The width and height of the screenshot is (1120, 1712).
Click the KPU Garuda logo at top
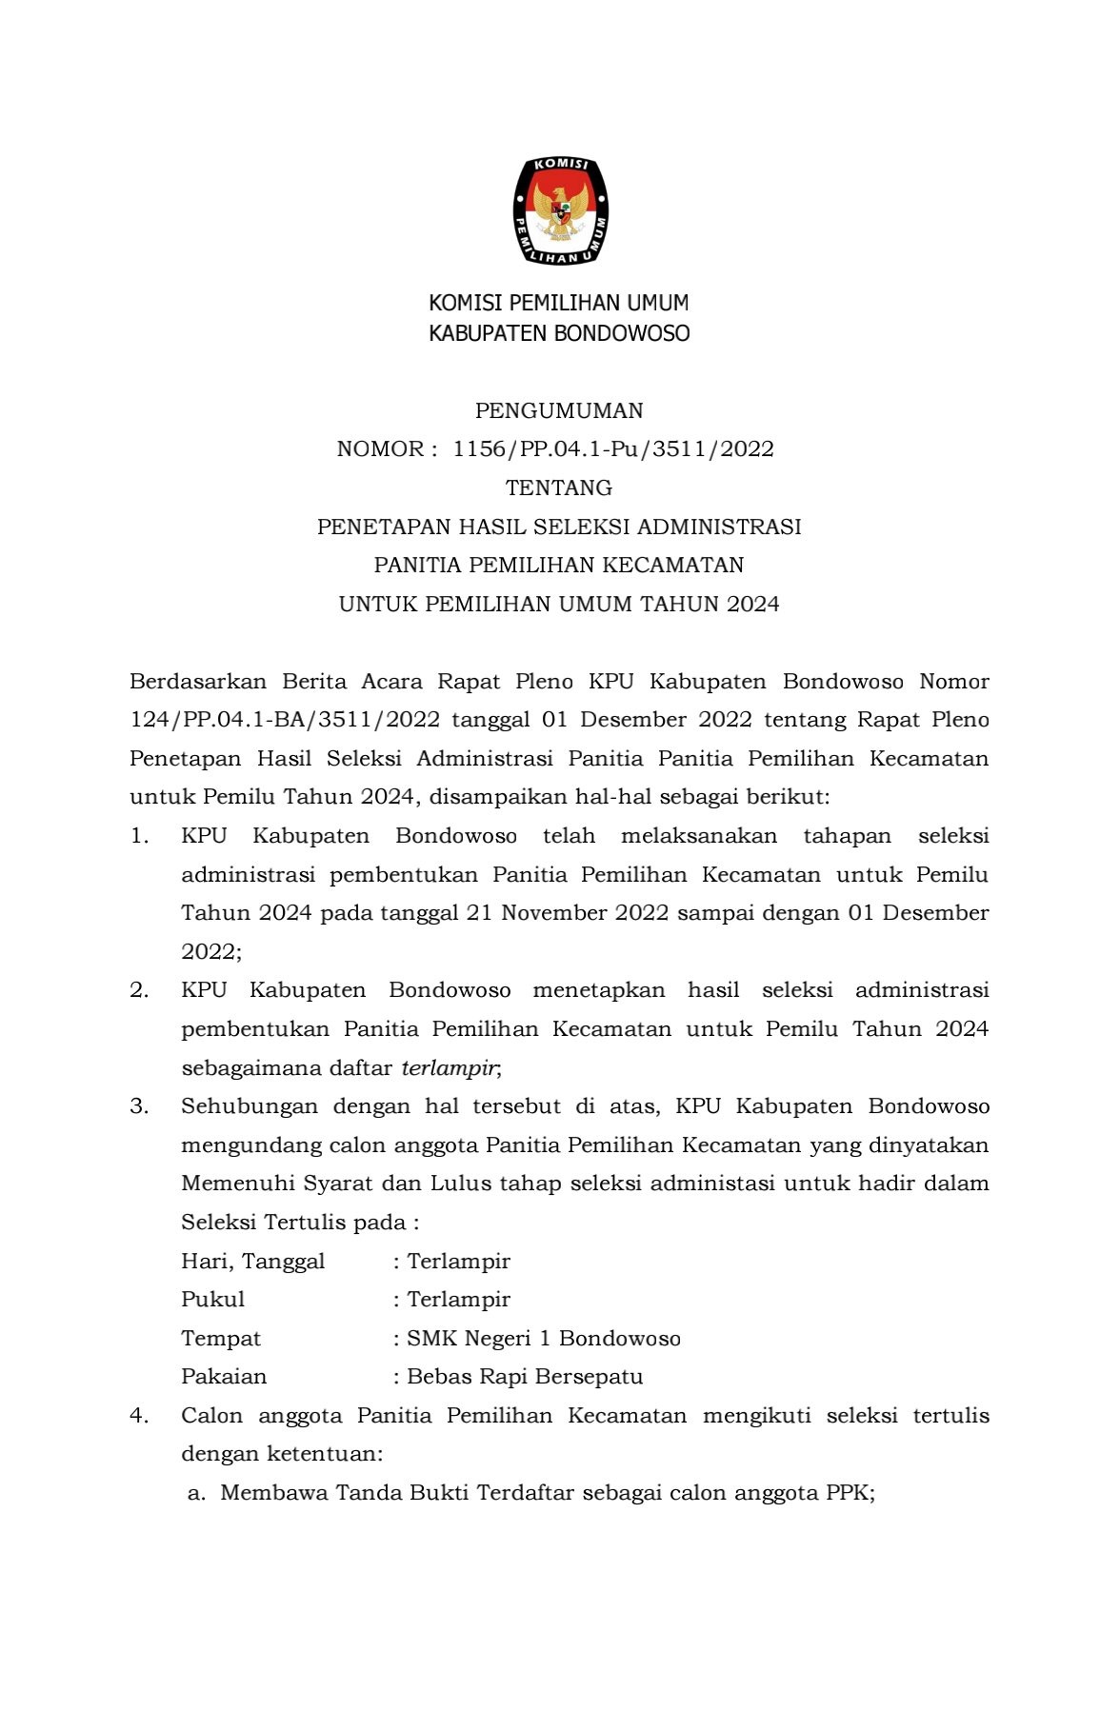click(x=560, y=210)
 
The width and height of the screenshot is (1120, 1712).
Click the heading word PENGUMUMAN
click(x=559, y=410)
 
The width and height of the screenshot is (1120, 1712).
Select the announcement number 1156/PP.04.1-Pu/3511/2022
click(x=612, y=449)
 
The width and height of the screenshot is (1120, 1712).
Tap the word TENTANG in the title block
click(x=559, y=488)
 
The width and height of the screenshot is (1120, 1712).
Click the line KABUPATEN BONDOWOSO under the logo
click(x=559, y=333)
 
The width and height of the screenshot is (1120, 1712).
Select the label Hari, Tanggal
click(x=253, y=1262)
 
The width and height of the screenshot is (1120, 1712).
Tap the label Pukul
click(x=213, y=1300)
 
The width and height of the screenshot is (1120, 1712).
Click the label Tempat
click(x=221, y=1339)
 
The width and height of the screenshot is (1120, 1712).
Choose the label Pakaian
click(x=225, y=1377)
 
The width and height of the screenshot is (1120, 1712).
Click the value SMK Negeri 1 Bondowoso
click(x=544, y=1339)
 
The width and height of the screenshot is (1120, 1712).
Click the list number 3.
click(x=139, y=1106)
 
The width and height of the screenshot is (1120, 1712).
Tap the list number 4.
click(x=139, y=1416)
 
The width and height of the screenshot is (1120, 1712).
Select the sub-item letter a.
click(x=195, y=1493)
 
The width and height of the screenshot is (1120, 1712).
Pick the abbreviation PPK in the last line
click(x=847, y=1493)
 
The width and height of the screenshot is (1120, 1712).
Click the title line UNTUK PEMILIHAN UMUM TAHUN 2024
click(x=559, y=604)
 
